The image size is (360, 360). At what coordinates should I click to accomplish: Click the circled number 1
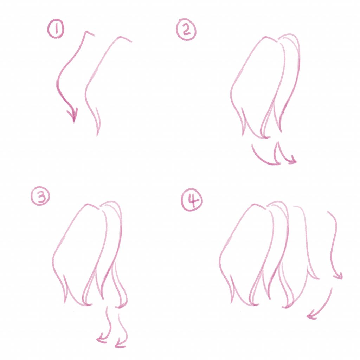[x=55, y=30]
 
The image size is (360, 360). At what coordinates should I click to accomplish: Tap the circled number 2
[x=186, y=30]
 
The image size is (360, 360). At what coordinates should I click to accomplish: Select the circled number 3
[x=40, y=198]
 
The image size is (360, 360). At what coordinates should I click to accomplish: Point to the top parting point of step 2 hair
[x=279, y=39]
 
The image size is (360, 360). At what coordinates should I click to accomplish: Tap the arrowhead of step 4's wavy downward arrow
[x=339, y=278]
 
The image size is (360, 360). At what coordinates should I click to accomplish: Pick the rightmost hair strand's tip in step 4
[x=317, y=279]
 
